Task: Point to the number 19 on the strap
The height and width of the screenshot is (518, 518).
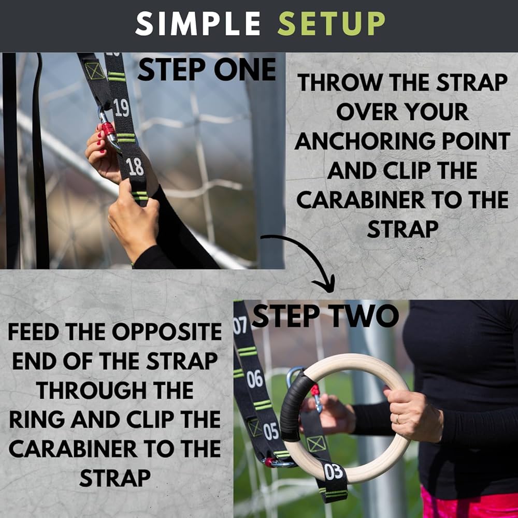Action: [x=121, y=108]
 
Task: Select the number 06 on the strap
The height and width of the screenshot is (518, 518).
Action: [x=254, y=379]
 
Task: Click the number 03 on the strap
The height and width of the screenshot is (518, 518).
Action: [x=334, y=472]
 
